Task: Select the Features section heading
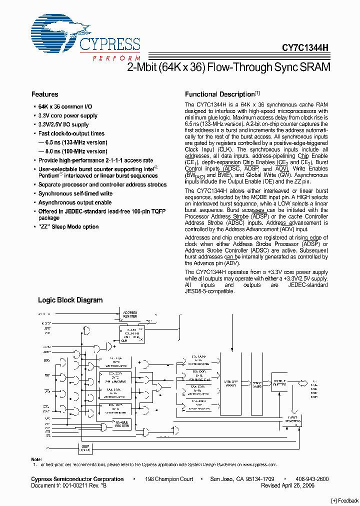(44, 94)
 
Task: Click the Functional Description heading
(220, 94)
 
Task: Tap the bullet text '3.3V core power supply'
(68, 115)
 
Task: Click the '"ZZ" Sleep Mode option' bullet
(68, 227)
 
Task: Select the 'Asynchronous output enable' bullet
(75, 202)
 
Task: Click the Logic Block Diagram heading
(70, 300)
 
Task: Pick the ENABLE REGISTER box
(122, 424)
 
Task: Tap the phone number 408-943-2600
(311, 479)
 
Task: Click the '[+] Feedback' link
(345, 500)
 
